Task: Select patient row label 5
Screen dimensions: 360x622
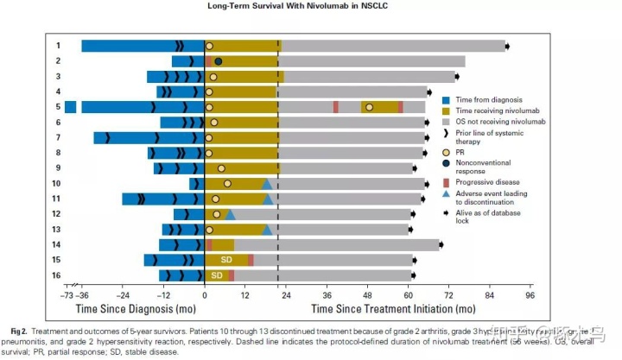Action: tap(58, 107)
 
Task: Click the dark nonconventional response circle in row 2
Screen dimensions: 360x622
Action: tap(219, 61)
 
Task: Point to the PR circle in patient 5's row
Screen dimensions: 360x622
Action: tap(369, 107)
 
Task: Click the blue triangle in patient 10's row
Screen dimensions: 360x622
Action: tap(267, 184)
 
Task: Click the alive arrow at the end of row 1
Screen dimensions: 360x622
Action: tap(508, 46)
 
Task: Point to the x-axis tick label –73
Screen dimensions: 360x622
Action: tap(66, 294)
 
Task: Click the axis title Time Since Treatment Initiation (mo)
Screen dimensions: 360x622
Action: tap(393, 308)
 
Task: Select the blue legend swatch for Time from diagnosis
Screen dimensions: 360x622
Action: tap(445, 100)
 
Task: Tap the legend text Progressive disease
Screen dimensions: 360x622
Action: tap(490, 183)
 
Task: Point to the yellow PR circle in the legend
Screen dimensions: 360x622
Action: tap(445, 152)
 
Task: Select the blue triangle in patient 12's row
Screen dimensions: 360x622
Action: tap(231, 214)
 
